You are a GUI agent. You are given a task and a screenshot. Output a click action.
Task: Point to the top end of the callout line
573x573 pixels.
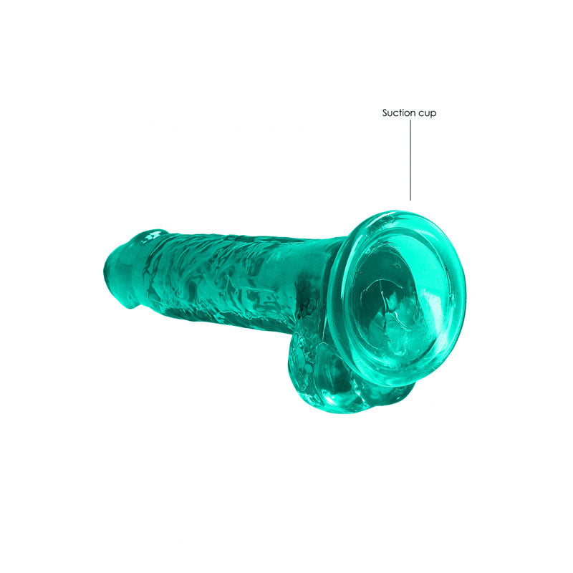click(x=410, y=120)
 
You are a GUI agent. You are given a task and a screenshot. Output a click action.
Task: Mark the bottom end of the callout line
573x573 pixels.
click(x=410, y=199)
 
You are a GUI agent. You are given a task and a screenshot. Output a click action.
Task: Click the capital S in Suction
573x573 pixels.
click(x=385, y=112)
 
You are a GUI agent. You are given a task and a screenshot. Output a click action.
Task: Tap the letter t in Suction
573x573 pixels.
click(x=404, y=112)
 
